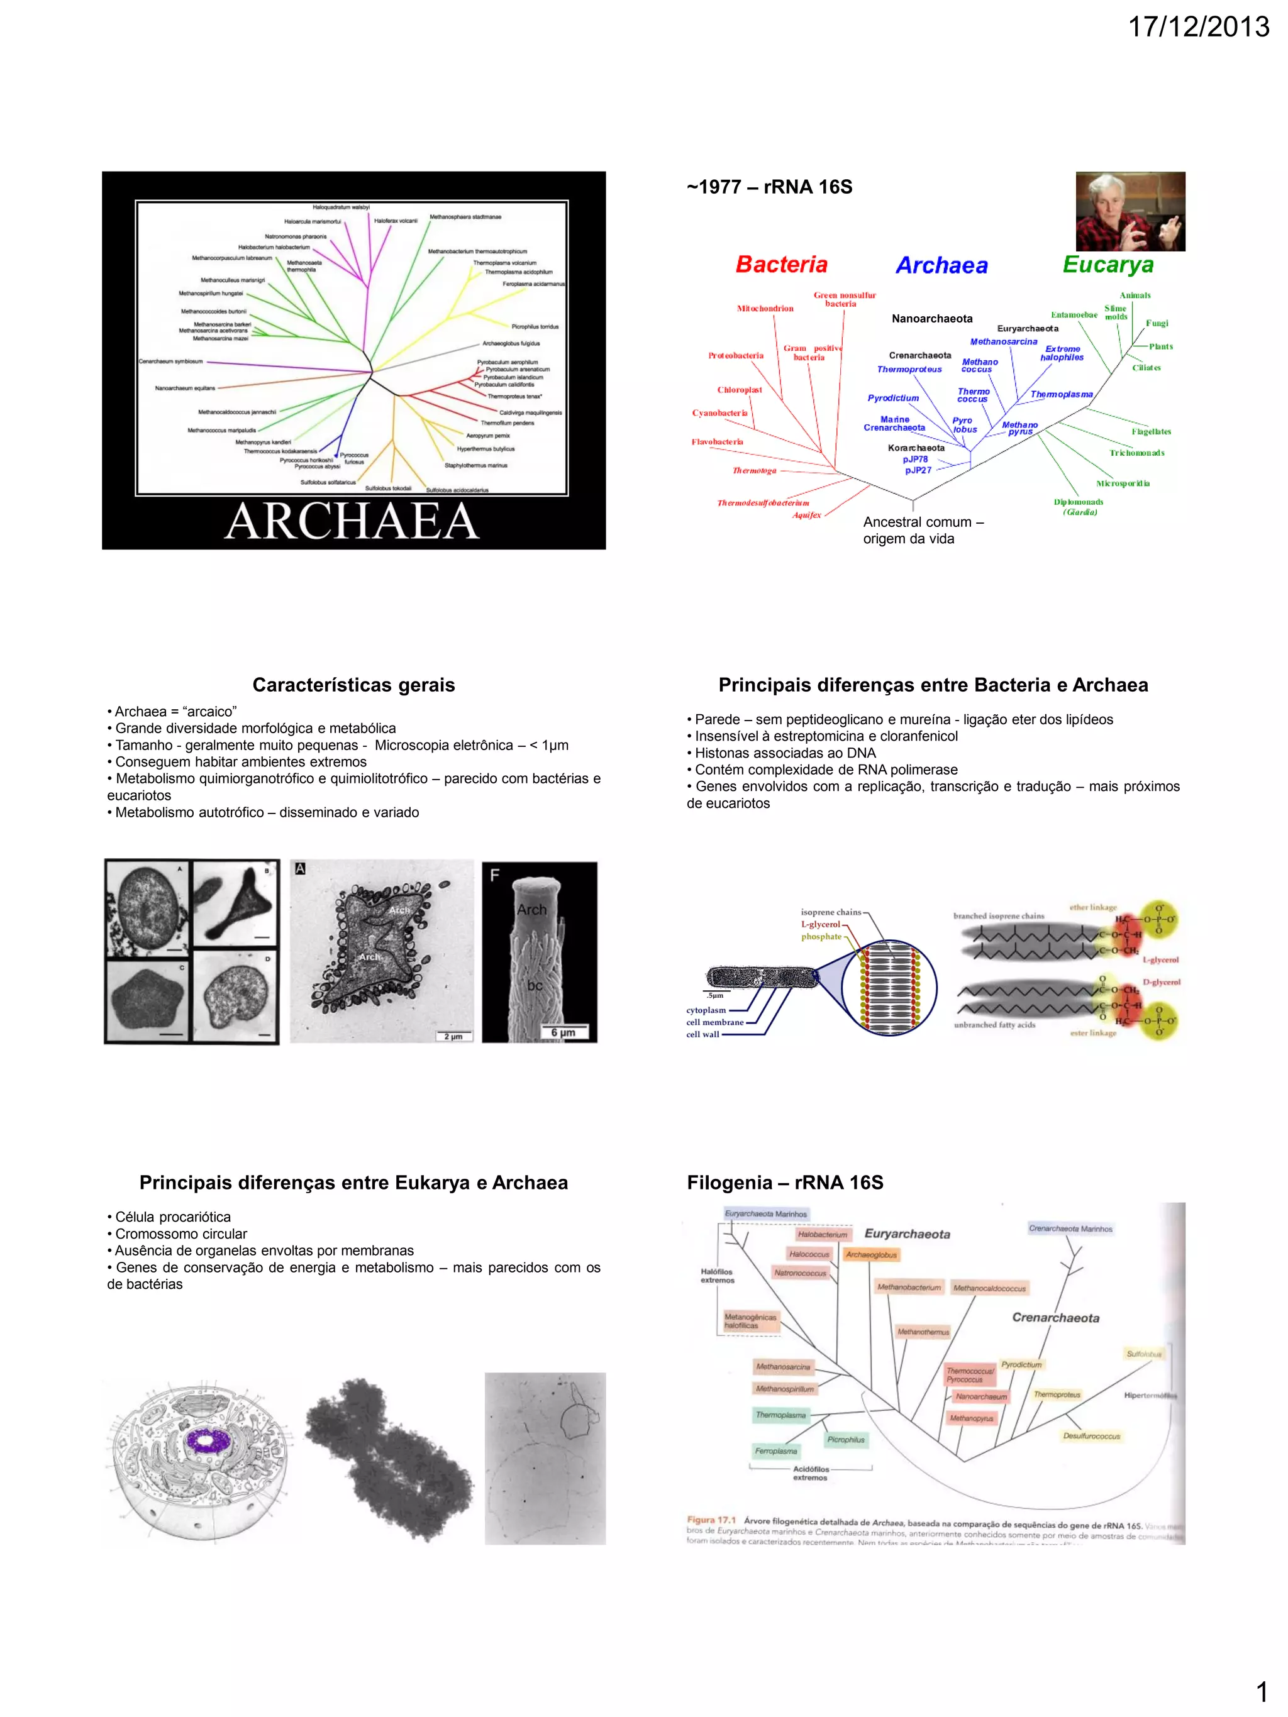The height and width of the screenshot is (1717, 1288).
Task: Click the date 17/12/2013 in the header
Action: [1197, 27]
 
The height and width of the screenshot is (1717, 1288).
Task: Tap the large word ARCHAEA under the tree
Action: [352, 520]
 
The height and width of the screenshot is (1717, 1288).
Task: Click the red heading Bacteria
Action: [781, 265]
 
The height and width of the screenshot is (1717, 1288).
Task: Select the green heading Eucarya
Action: [1108, 265]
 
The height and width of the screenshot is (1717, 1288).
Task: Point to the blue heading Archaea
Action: [941, 265]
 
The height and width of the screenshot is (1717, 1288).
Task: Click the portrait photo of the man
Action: [1130, 211]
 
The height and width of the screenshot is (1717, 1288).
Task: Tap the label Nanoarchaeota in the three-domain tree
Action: [931, 318]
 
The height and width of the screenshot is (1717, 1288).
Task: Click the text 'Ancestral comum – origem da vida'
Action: [923, 530]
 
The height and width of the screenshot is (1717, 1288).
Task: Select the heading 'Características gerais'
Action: [353, 685]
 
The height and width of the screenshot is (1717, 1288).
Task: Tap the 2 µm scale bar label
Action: [453, 1036]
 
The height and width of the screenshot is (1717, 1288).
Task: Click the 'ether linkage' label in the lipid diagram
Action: [1092, 907]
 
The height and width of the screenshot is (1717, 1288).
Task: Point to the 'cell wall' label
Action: [702, 1034]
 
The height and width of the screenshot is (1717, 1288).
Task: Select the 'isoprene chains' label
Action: [831, 912]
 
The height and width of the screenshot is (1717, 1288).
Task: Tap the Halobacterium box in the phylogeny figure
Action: [822, 1234]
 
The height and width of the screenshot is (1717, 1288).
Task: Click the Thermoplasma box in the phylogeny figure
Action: [780, 1415]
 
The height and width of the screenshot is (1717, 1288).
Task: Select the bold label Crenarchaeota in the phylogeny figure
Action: [1055, 1317]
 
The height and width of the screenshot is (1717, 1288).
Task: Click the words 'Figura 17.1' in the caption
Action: [711, 1520]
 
